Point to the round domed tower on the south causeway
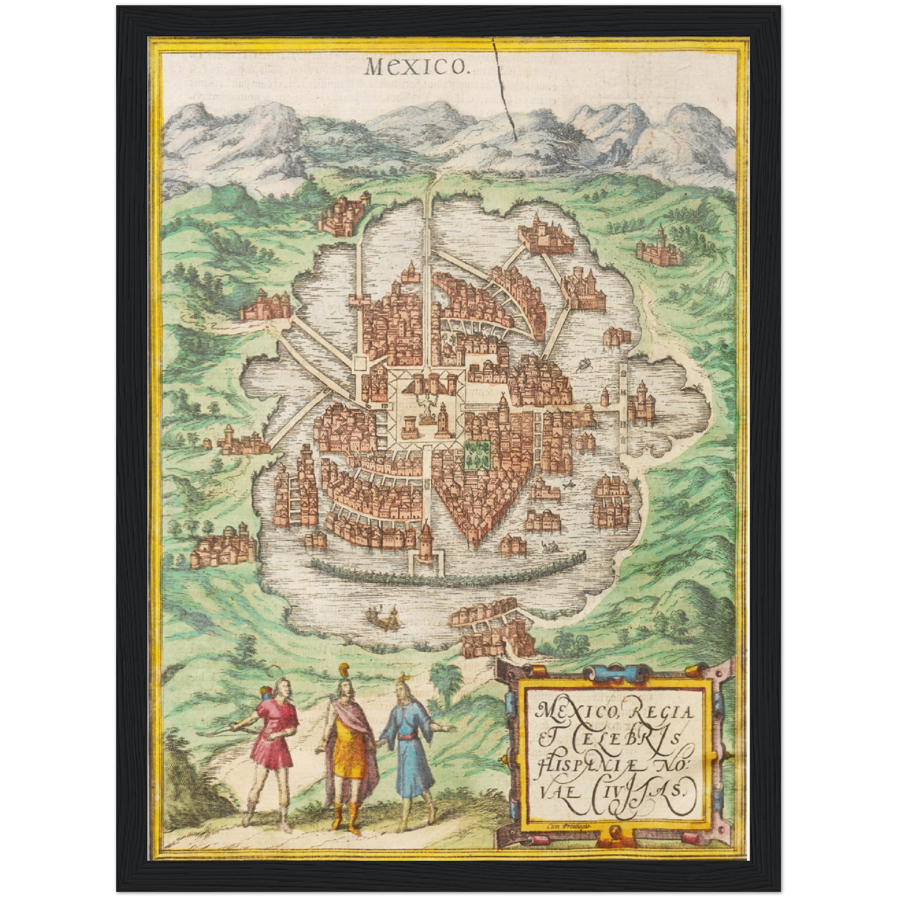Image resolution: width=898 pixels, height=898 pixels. coord(426,541)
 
